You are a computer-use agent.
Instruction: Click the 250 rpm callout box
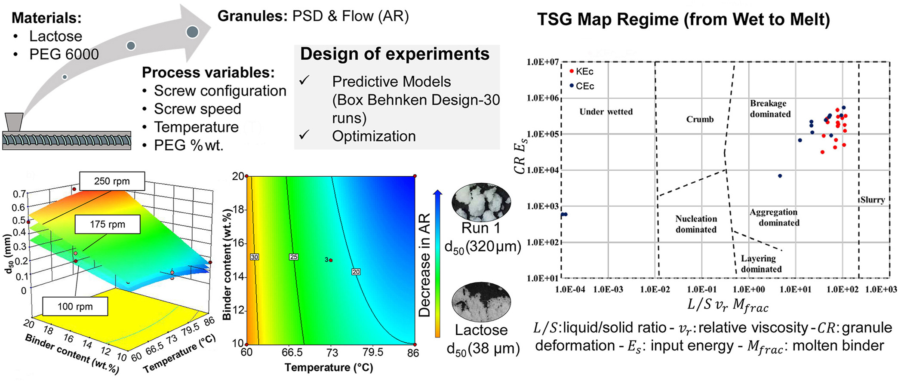tap(112, 181)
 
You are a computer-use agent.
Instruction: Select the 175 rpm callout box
tap(108, 224)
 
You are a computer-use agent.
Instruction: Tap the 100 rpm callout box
tap(75, 307)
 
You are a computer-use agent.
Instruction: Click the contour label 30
tap(255, 257)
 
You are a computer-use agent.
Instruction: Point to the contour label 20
tap(356, 272)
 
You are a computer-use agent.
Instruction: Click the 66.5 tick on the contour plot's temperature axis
tap(292, 353)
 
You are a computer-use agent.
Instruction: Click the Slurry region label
tap(872, 200)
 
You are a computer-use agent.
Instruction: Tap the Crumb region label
tap(700, 120)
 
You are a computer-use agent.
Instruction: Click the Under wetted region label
tap(606, 112)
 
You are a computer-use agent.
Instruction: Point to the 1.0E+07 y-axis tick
tap(542, 62)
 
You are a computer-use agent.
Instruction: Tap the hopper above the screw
tap(14, 122)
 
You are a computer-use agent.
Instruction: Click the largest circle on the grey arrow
tap(192, 32)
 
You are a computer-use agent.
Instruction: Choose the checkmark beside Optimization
tap(304, 135)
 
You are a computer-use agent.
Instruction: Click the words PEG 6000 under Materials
tap(64, 54)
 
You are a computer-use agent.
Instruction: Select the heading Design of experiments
tap(394, 54)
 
